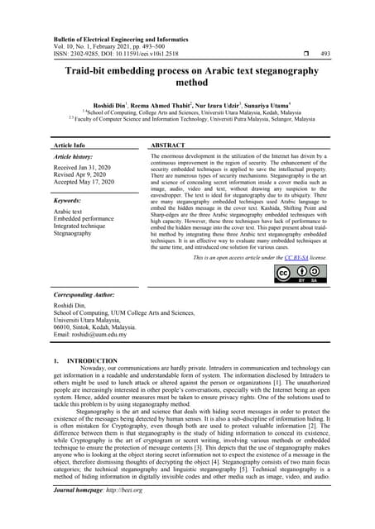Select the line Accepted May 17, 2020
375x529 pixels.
91,183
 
